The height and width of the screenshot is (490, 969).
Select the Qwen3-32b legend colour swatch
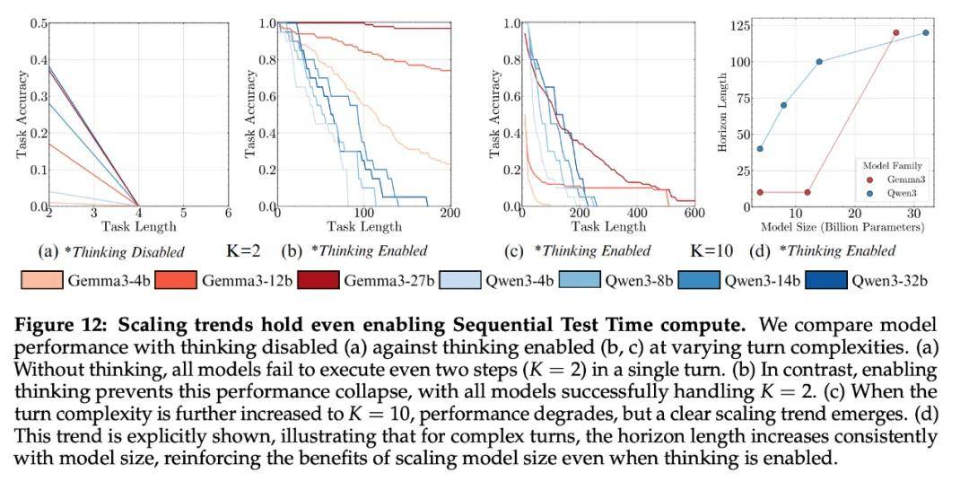click(x=826, y=280)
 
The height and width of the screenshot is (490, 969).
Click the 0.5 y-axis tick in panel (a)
click(x=38, y=22)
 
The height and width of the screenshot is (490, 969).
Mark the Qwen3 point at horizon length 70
click(x=783, y=105)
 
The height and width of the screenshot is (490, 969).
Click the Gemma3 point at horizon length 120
click(x=895, y=32)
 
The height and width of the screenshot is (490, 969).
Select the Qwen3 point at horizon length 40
click(x=761, y=148)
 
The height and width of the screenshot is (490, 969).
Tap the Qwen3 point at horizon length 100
click(x=819, y=61)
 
